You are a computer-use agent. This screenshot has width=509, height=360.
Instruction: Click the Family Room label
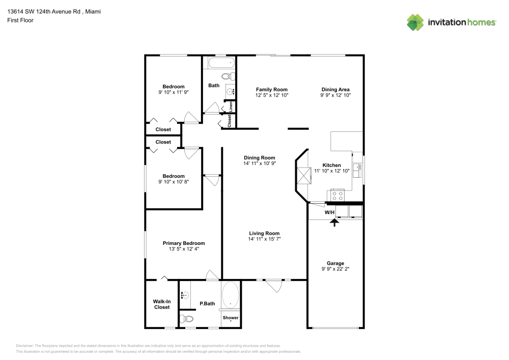tap(272, 90)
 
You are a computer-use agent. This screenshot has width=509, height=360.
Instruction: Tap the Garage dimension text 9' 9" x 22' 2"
tap(335, 269)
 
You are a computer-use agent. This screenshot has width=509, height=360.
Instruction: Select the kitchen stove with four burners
tap(337, 196)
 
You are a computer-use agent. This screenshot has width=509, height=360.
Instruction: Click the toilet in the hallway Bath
tap(229, 77)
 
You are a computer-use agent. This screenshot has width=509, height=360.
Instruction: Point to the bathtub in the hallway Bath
tap(221, 62)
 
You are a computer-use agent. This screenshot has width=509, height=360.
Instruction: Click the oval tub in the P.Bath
tap(231, 295)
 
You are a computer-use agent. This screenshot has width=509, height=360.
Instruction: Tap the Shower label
tap(231, 318)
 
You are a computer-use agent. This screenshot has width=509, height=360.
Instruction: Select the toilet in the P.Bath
tap(186, 319)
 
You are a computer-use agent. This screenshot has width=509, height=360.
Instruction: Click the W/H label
tap(329, 212)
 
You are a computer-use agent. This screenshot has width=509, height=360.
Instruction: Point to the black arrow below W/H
tap(334, 223)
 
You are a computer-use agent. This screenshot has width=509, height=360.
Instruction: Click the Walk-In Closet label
tap(162, 304)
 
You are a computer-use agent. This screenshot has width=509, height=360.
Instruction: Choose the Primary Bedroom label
tap(184, 243)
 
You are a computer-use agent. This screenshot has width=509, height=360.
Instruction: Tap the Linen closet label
tap(231, 107)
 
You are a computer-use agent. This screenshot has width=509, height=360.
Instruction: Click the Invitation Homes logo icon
tap(415, 22)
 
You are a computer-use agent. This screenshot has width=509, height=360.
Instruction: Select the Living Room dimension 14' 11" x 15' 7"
tap(264, 239)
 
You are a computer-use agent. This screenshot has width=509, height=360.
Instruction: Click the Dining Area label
tap(335, 90)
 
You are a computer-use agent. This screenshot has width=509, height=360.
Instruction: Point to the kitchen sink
tap(357, 171)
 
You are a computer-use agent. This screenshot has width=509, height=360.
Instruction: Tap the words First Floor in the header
tap(20, 20)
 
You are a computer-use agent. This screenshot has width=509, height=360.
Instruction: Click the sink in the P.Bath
tap(184, 295)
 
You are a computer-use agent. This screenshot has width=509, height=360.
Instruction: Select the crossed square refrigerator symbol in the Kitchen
tap(304, 176)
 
